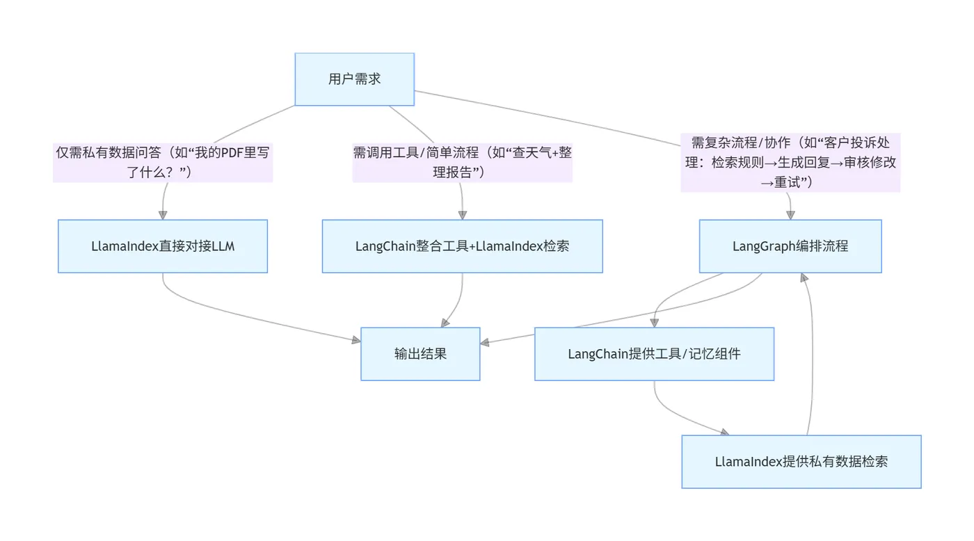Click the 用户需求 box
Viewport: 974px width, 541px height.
tap(354, 79)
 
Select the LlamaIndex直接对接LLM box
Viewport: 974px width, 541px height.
tap(163, 246)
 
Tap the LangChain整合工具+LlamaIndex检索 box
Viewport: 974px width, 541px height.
tap(462, 246)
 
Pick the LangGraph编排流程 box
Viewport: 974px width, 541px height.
tap(790, 246)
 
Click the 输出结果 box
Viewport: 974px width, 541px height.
tap(420, 354)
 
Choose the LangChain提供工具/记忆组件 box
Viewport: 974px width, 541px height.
tap(654, 354)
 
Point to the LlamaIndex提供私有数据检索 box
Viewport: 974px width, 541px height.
tap(801, 462)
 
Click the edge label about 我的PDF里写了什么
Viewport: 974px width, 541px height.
tap(163, 163)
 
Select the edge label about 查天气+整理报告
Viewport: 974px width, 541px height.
tap(462, 163)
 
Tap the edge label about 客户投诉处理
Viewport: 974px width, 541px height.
tap(790, 163)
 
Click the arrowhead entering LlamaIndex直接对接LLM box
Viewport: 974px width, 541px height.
tap(163, 215)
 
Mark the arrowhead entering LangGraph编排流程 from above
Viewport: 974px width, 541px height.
tap(790, 215)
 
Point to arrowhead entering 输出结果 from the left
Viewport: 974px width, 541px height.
tap(356, 340)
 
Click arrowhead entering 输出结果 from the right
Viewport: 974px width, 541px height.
tap(485, 342)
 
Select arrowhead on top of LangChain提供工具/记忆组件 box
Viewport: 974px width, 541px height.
tap(653, 323)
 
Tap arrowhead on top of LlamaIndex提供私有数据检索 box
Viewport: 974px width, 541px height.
tap(724, 432)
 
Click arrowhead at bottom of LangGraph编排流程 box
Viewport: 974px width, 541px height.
tap(804, 277)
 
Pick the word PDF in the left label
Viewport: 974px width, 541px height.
tap(223, 153)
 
